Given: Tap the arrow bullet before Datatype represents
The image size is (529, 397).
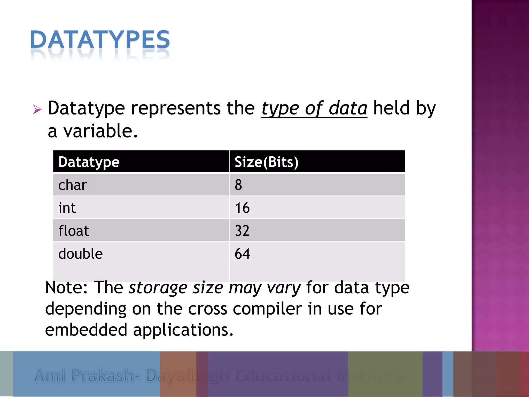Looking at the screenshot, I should (37, 110).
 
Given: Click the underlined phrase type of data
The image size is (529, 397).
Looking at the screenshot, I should (314, 109).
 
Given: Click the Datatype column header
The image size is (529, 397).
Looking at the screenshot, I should (89, 162).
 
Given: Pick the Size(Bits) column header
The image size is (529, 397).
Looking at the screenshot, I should (266, 162).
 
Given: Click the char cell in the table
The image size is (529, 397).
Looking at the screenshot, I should (72, 185).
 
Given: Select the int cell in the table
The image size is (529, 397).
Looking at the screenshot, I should (67, 208).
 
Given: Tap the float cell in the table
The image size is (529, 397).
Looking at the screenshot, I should (74, 231).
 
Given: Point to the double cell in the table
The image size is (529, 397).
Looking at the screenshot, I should (80, 254).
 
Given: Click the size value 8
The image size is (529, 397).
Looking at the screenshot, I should (238, 185).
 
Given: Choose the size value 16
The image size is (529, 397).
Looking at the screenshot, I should (242, 208).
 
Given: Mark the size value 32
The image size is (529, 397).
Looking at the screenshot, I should (242, 231).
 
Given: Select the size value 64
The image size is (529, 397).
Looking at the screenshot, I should (242, 254).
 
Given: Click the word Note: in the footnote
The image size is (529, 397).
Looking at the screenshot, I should (66, 287).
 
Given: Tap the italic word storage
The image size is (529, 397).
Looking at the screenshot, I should (158, 288).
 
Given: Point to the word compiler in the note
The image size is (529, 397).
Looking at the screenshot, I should (267, 309).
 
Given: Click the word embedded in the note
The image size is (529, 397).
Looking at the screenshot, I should (86, 330).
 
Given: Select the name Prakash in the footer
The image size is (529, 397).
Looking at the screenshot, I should (106, 375).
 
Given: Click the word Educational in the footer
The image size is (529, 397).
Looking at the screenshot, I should (283, 375).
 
